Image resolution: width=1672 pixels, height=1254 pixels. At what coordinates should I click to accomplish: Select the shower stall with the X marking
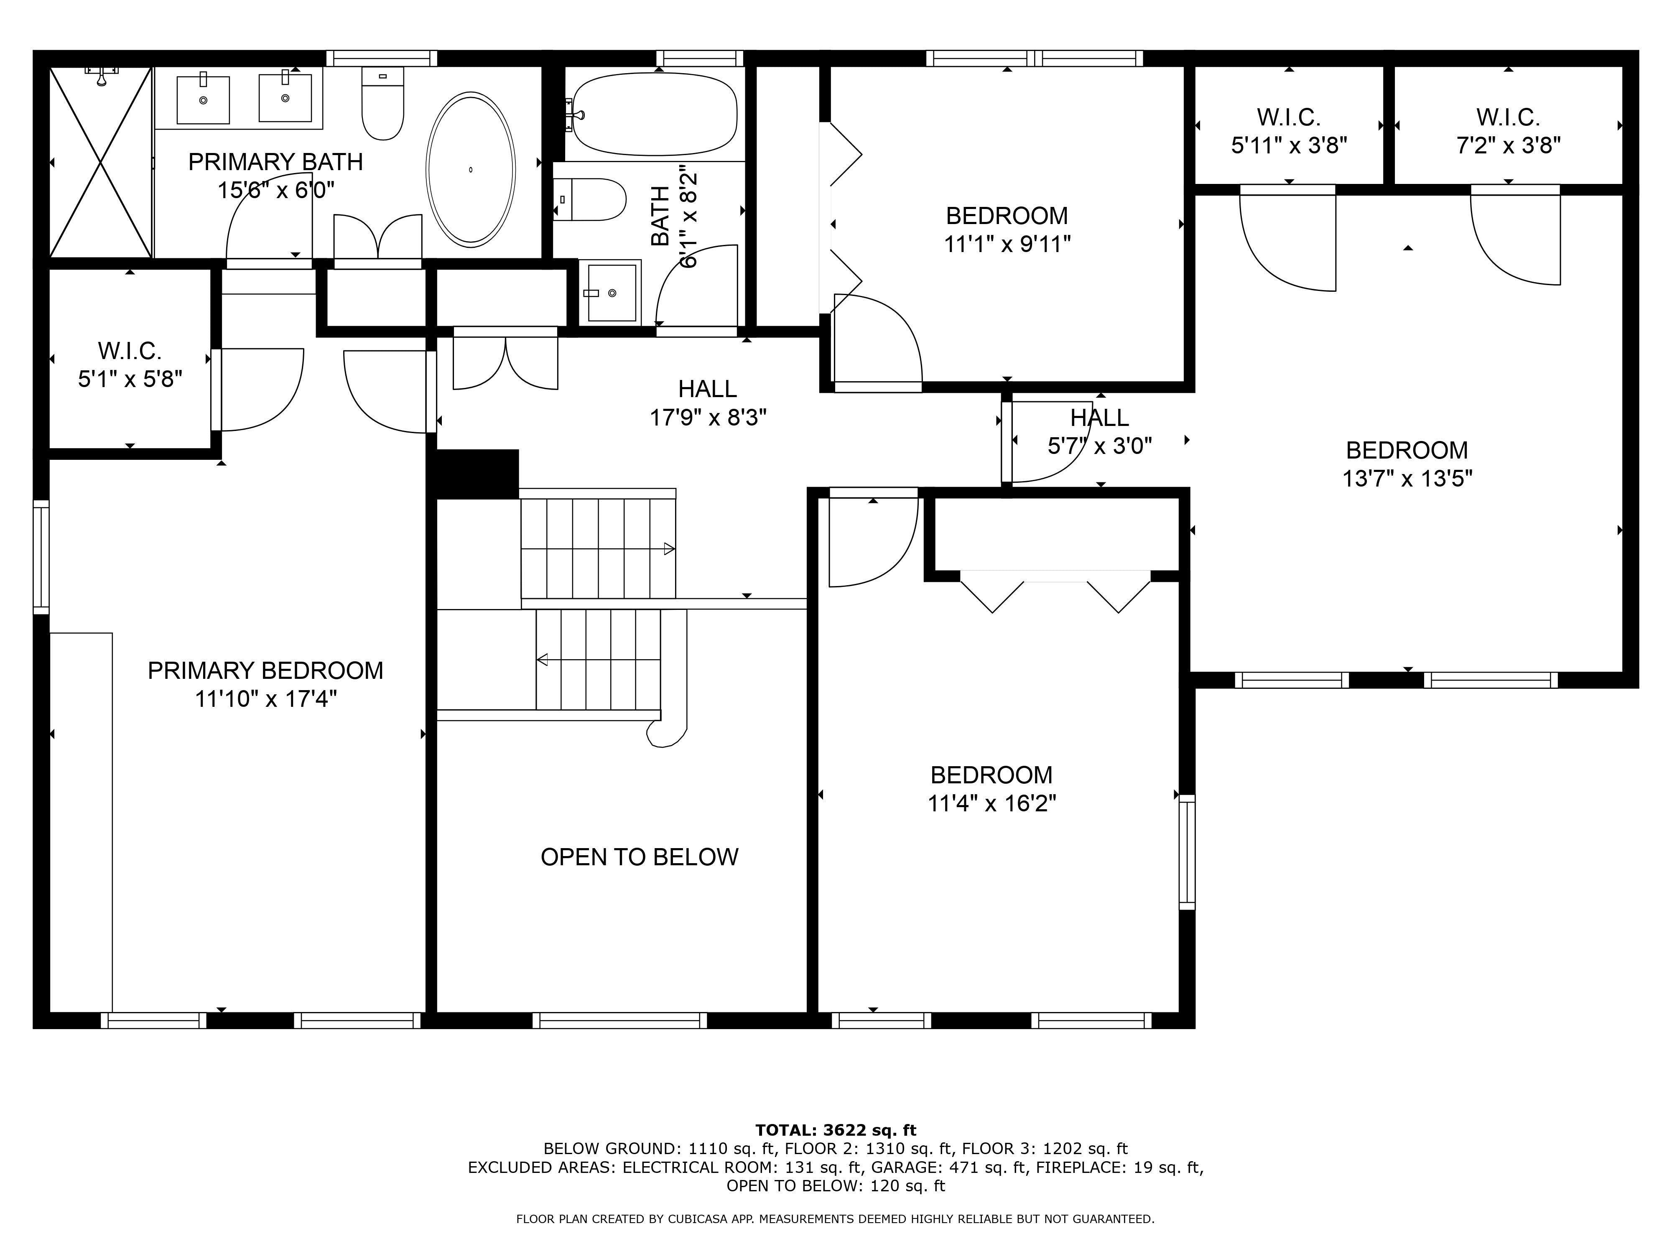click(x=101, y=162)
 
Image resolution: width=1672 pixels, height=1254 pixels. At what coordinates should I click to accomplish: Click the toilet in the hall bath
click(x=589, y=199)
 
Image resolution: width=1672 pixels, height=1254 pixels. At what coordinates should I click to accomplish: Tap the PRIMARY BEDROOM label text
click(x=265, y=670)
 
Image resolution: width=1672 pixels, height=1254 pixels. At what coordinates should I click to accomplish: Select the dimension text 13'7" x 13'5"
click(x=1407, y=479)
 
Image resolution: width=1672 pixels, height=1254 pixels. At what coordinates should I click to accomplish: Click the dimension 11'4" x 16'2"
click(x=992, y=803)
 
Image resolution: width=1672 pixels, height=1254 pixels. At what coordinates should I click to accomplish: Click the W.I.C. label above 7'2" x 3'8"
click(x=1509, y=117)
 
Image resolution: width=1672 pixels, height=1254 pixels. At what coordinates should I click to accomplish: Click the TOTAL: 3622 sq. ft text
click(x=836, y=1130)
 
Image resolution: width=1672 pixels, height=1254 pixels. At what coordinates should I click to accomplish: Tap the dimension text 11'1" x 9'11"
click(x=1007, y=244)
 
